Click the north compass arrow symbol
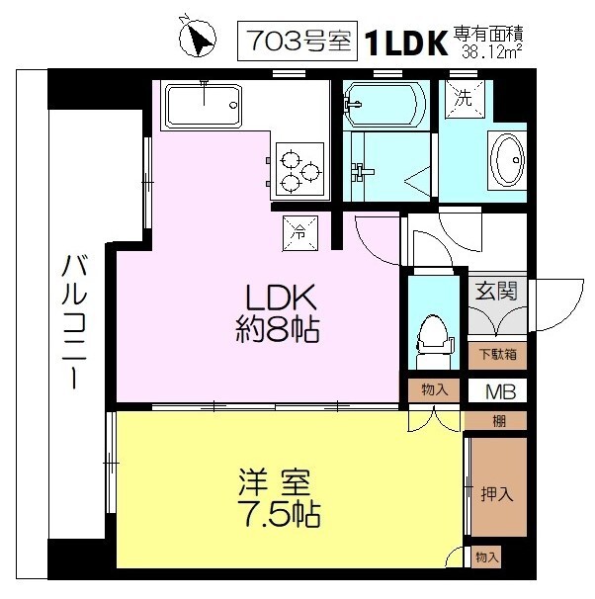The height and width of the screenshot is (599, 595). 198,38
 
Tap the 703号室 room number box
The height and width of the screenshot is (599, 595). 297,41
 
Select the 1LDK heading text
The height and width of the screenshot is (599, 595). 406,43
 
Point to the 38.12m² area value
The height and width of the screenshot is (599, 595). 492,51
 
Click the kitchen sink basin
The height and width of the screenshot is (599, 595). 204,105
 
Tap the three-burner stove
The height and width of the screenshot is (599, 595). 299,170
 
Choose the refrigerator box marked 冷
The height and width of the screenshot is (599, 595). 300,233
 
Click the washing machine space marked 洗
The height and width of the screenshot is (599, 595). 464,99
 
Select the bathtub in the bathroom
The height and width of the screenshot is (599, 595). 384,105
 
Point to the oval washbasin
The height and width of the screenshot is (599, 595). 507,160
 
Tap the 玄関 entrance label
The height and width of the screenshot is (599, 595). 496,291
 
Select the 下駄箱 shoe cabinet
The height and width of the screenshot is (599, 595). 497,355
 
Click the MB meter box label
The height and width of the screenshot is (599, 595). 500,391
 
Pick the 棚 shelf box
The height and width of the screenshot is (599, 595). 498,421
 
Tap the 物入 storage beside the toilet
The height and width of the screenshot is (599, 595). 434,390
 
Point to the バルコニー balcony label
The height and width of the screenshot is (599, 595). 74,323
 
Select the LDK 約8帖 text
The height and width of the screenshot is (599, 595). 278,313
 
